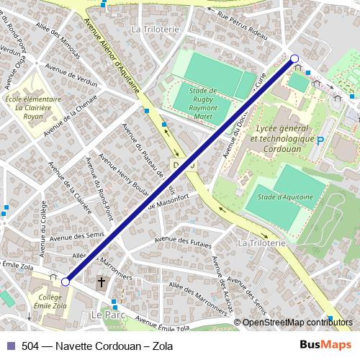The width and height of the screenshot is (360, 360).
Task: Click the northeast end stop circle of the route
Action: (294, 58)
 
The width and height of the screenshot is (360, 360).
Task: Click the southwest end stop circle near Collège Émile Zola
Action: (66, 282)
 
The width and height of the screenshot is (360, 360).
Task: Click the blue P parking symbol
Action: (321, 142)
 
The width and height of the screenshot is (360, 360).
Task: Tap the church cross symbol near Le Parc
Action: (102, 283)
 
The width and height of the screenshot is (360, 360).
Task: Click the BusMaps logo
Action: (325, 346)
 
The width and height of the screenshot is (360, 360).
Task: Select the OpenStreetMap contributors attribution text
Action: (299, 322)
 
